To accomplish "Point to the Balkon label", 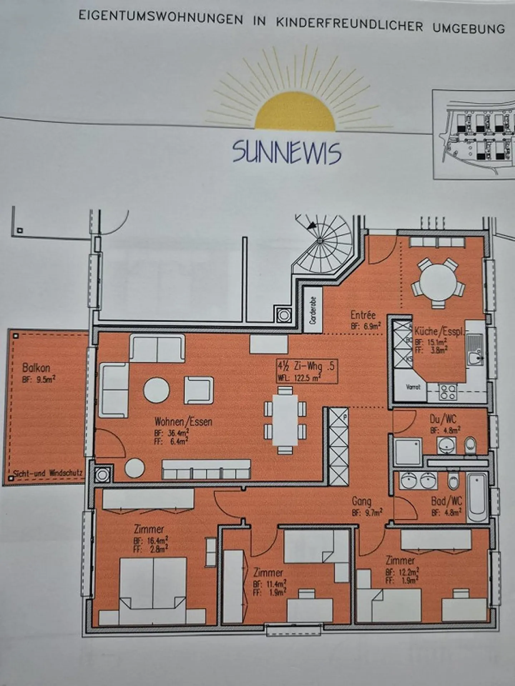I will tap(36, 368).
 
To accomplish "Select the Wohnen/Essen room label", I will tap(183, 422).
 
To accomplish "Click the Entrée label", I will tap(363, 315).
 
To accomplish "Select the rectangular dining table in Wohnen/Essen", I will tap(285, 419).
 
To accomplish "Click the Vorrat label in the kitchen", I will tap(413, 387).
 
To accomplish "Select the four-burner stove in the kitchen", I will tap(448, 392).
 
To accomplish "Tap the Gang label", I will tap(361, 501).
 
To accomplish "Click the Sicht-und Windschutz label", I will tap(48, 473).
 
